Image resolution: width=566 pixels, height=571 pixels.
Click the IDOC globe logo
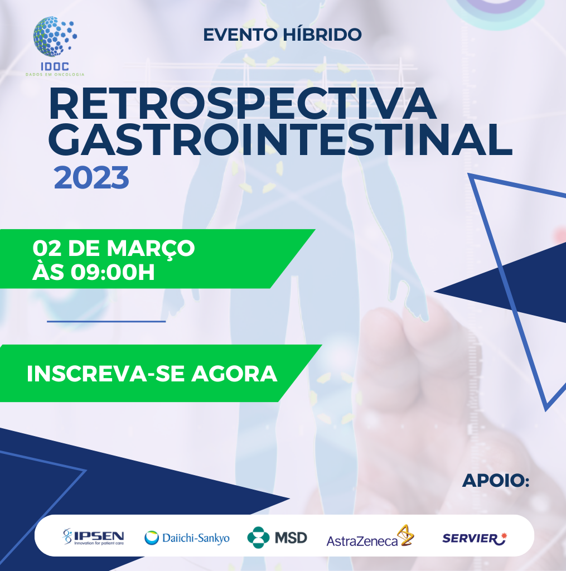tap(55, 36)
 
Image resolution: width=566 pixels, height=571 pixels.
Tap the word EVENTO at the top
tap(240, 35)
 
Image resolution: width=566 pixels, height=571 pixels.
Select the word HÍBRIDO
tap(322, 35)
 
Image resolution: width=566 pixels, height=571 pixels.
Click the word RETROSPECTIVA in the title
tap(243, 103)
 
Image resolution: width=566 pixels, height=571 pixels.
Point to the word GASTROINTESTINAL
tap(280, 140)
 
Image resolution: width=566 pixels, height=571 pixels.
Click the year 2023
tap(91, 177)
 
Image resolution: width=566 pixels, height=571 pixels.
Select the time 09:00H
tap(113, 272)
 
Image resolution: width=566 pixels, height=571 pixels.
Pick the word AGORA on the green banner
tap(234, 374)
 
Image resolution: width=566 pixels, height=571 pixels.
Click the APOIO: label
tap(496, 480)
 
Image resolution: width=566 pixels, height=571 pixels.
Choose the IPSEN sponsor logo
tap(93, 537)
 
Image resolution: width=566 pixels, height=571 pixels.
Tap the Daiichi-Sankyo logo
tap(187, 538)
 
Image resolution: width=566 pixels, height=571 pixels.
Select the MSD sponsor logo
tap(277, 538)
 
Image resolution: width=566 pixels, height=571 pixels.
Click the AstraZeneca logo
tap(370, 536)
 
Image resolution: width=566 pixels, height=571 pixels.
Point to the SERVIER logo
tap(475, 538)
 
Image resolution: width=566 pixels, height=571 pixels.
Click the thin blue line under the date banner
tap(107, 322)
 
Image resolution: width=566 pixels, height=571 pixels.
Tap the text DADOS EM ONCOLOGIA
tap(55, 74)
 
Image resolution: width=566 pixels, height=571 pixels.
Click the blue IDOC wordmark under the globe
tap(55, 66)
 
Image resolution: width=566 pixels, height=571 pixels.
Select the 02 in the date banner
tap(47, 248)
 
